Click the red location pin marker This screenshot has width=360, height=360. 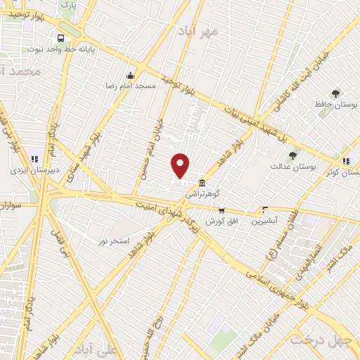pyautogui.click(x=181, y=165)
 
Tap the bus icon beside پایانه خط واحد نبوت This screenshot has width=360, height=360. pyautogui.click(x=61, y=39)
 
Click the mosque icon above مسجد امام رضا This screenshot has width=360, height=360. pyautogui.click(x=129, y=75)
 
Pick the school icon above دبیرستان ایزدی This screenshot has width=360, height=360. pyautogui.click(x=34, y=158)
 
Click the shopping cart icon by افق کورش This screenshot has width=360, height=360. pyautogui.click(x=221, y=210)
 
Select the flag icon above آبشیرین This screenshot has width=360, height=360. pyautogui.click(x=265, y=210)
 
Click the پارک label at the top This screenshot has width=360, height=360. pyautogui.click(x=67, y=4)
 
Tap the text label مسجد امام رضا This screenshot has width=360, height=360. pyautogui.click(x=129, y=86)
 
